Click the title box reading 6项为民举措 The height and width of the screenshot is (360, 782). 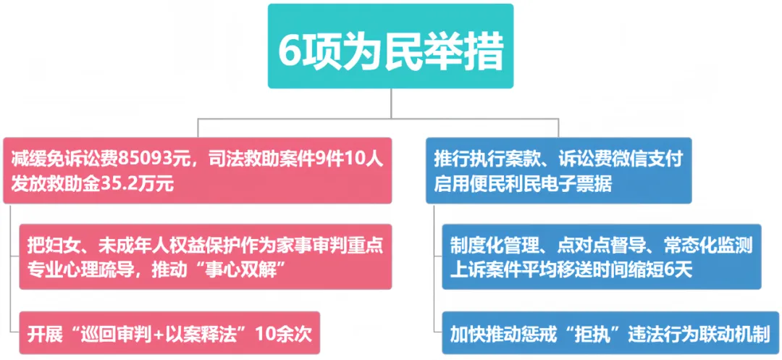(390, 47)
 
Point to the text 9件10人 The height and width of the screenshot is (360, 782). (341, 158)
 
